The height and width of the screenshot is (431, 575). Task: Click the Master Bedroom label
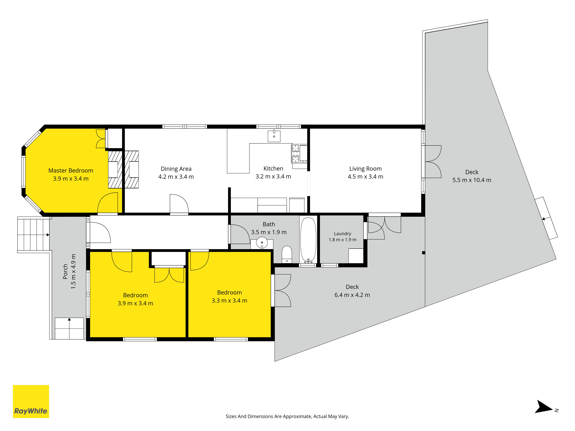click(x=71, y=171)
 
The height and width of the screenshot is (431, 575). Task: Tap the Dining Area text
click(x=176, y=169)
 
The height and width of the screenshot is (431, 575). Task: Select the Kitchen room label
click(x=273, y=169)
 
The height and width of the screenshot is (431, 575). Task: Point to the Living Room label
click(x=365, y=169)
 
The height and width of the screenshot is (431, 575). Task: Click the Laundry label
click(x=342, y=234)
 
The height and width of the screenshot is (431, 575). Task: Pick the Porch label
click(x=65, y=272)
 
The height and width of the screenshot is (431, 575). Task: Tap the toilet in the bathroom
click(x=287, y=254)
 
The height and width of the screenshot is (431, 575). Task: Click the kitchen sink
click(x=274, y=136)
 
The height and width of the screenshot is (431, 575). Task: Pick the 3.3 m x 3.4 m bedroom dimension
click(x=229, y=301)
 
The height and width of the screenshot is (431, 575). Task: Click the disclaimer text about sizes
click(x=287, y=416)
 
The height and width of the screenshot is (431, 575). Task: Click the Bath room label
click(x=269, y=224)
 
